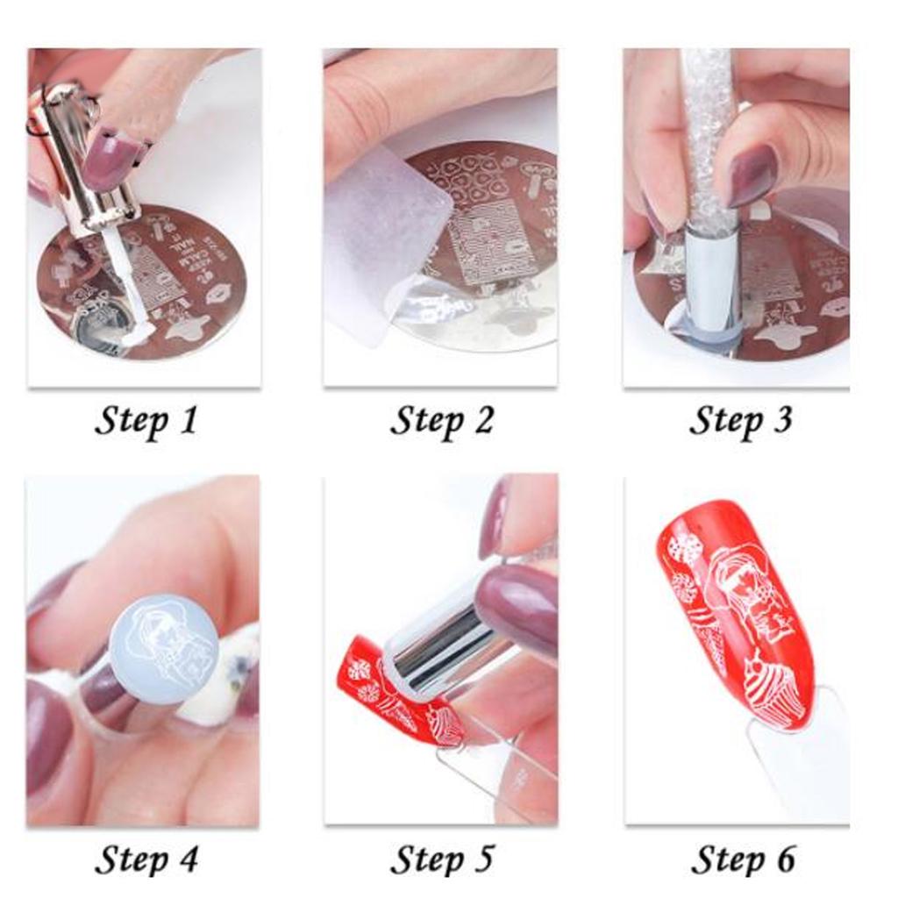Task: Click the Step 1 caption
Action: pyautogui.click(x=146, y=420)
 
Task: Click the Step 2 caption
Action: pyautogui.click(x=441, y=420)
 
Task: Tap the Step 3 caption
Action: pyautogui.click(x=740, y=420)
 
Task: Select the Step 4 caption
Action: pyautogui.click(x=146, y=859)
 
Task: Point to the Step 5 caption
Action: pyautogui.click(x=441, y=859)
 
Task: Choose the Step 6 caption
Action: pyautogui.click(x=743, y=859)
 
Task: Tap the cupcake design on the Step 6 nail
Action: pyautogui.click(x=772, y=693)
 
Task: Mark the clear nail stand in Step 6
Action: pyautogui.click(x=789, y=754)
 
